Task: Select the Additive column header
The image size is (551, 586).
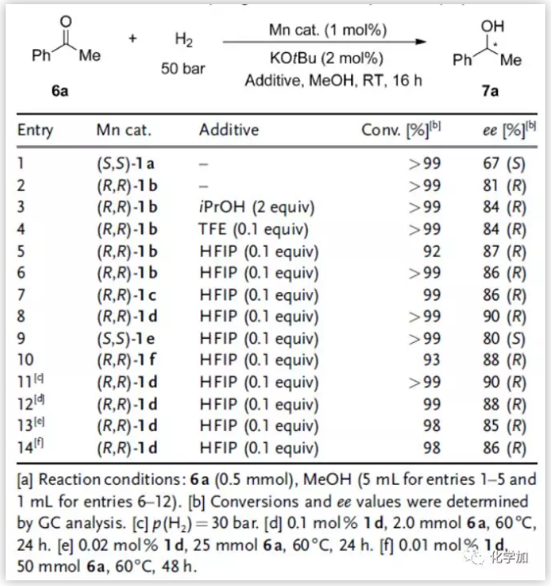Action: pyautogui.click(x=228, y=130)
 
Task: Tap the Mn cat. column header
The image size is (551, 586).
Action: pyautogui.click(x=124, y=130)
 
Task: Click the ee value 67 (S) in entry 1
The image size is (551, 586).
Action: pyautogui.click(x=504, y=164)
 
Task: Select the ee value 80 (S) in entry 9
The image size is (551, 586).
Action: pyautogui.click(x=504, y=338)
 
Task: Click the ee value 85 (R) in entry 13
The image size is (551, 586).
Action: pyautogui.click(x=504, y=425)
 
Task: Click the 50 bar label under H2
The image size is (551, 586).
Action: pyautogui.click(x=183, y=69)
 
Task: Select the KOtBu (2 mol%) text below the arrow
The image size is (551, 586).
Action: pyautogui.click(x=326, y=59)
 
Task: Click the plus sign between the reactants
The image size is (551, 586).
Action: pyautogui.click(x=132, y=39)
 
